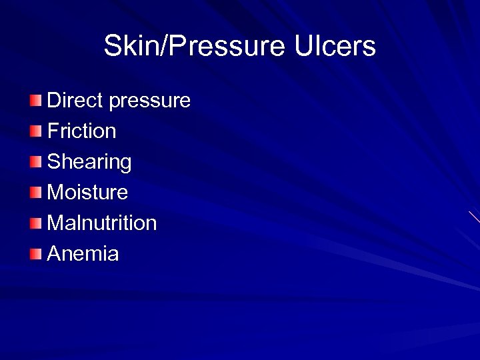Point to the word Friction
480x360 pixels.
pos(81,131)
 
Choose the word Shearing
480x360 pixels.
pos(89,162)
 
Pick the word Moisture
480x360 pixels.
pos(87,193)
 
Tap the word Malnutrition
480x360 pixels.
pos(102,223)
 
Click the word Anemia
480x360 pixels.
pos(83,253)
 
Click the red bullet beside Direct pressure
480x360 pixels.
pos(35,101)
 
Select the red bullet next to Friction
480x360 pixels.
pos(35,131)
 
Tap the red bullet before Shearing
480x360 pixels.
pos(35,162)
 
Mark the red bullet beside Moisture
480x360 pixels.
pos(35,193)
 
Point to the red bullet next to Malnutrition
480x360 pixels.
pos(35,223)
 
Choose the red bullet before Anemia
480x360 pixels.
pos(35,253)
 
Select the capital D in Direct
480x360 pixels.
pos(53,101)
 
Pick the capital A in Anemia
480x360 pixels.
pos(54,253)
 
